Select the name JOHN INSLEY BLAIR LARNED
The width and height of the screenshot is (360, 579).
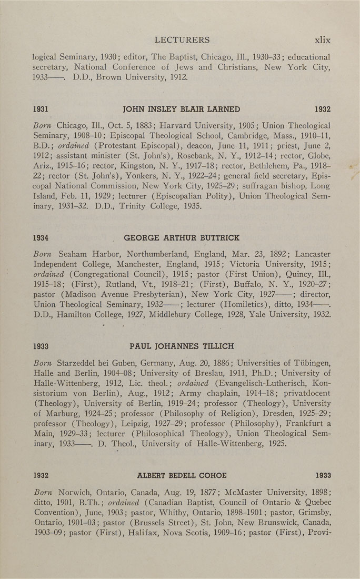pos(181,109)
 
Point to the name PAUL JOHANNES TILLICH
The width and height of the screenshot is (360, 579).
pos(182,346)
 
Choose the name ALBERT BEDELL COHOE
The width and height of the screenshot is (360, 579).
pos(182,475)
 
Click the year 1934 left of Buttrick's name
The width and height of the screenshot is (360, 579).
pos(41,238)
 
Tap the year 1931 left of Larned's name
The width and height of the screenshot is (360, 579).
pos(41,109)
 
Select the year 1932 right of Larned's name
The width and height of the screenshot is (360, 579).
pos(322,109)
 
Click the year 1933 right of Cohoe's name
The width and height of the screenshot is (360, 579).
pos(322,475)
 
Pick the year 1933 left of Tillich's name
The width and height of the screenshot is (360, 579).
pos(41,346)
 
